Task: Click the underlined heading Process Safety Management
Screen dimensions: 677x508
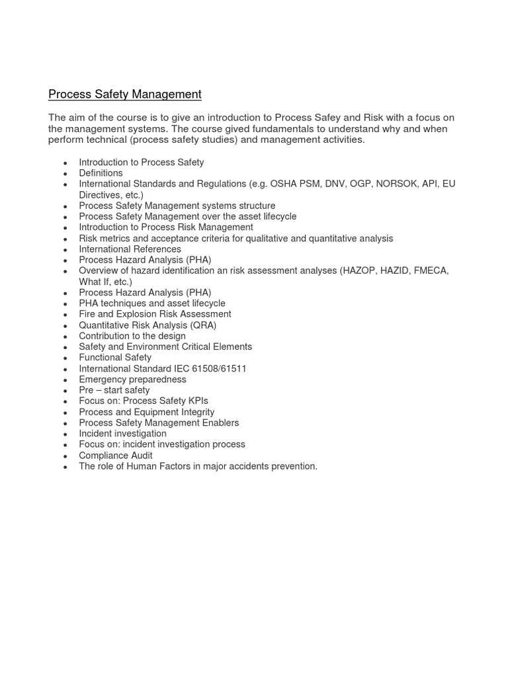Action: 124,95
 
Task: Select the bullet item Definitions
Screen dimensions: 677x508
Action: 101,173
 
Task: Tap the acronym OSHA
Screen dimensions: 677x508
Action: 284,184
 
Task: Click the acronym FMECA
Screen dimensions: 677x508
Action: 431,271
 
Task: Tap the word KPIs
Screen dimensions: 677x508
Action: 196,401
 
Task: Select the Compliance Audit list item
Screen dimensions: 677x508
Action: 116,456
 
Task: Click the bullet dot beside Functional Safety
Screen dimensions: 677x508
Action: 65,359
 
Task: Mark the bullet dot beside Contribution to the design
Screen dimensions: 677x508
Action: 65,337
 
